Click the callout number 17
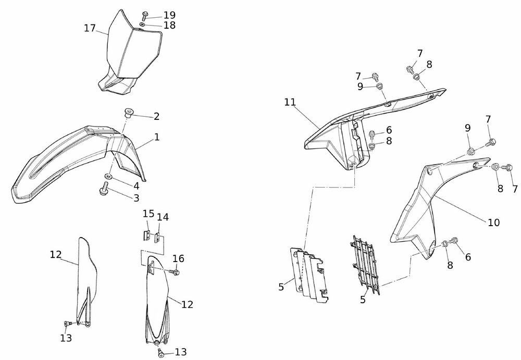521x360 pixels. tap(90, 28)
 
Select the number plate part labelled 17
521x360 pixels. tap(130, 52)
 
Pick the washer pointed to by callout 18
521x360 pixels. tap(142, 24)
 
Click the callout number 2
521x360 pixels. tap(156, 116)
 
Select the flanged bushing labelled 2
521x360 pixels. tap(129, 112)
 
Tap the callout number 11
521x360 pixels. tap(290, 102)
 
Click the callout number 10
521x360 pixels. tap(493, 222)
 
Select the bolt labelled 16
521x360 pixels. tap(175, 271)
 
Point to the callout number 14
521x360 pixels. tap(163, 217)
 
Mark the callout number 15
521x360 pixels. tap(148, 214)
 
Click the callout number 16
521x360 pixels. tap(179, 258)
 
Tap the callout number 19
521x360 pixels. tap(169, 15)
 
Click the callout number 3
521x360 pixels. tap(136, 198)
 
